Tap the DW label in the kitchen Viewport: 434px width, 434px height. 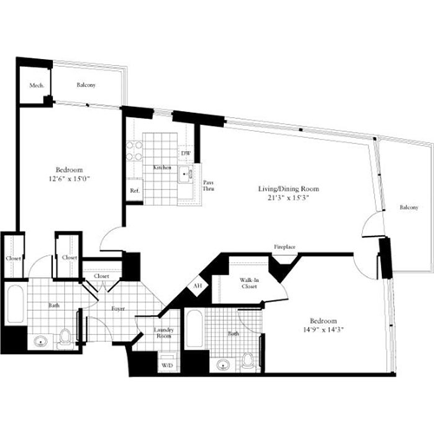pyautogui.click(x=186, y=155)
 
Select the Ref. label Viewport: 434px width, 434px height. pyautogui.click(x=135, y=190)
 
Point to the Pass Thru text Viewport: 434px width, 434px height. pyautogui.click(x=208, y=184)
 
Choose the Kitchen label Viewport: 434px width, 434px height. pyautogui.click(x=161, y=167)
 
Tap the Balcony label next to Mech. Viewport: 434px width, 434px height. pyautogui.click(x=85, y=85)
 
